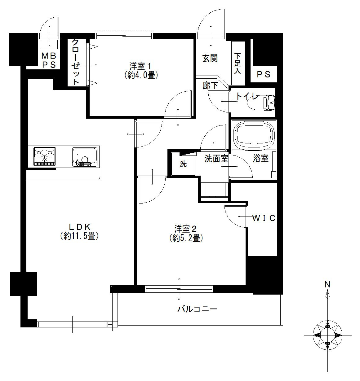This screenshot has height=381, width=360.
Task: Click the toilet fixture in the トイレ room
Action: click(x=262, y=103)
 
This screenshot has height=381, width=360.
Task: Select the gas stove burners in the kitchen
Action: click(x=45, y=156)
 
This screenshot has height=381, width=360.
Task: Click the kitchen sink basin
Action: click(x=85, y=157)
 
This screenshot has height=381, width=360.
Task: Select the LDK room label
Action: click(x=79, y=227)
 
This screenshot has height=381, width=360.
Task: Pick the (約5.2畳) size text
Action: click(x=186, y=239)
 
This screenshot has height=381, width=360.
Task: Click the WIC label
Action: click(x=264, y=218)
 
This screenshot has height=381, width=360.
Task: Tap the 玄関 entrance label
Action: click(x=210, y=58)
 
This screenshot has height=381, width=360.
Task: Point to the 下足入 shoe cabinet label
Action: click(x=238, y=63)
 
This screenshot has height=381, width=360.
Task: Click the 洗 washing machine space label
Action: click(x=183, y=164)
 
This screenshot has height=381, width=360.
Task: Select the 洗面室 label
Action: click(x=216, y=159)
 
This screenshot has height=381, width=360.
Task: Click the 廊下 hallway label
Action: click(x=210, y=85)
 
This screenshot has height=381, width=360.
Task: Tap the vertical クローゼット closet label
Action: click(x=75, y=62)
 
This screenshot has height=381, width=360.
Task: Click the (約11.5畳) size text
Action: click(x=79, y=236)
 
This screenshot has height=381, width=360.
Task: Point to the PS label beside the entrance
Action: click(x=264, y=74)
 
